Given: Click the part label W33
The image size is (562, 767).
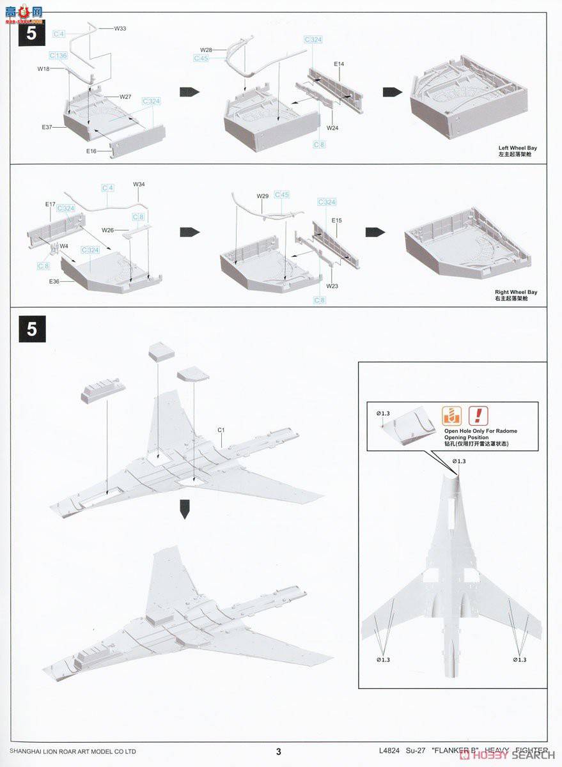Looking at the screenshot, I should (x=120, y=29).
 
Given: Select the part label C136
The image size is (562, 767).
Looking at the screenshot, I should (x=58, y=56).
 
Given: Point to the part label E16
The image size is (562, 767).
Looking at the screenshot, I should (x=91, y=151).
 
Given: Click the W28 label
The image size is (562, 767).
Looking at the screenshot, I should (x=206, y=49).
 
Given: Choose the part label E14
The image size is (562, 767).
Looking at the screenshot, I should (x=339, y=64).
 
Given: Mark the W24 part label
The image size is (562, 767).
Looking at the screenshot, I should (x=332, y=128).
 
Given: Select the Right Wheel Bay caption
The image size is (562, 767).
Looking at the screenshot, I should (x=516, y=292).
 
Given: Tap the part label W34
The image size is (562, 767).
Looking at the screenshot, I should (x=139, y=184).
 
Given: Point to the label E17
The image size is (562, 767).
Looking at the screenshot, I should (x=51, y=204).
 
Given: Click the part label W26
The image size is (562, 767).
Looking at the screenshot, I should (x=107, y=229).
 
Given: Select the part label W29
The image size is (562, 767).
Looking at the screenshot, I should (x=263, y=196).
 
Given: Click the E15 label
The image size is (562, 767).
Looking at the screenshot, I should (x=338, y=221).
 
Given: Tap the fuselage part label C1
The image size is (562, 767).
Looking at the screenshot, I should (x=221, y=430).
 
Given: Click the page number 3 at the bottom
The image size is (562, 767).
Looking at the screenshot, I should (x=278, y=752).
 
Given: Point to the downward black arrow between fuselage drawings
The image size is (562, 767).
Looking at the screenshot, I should (x=184, y=511).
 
